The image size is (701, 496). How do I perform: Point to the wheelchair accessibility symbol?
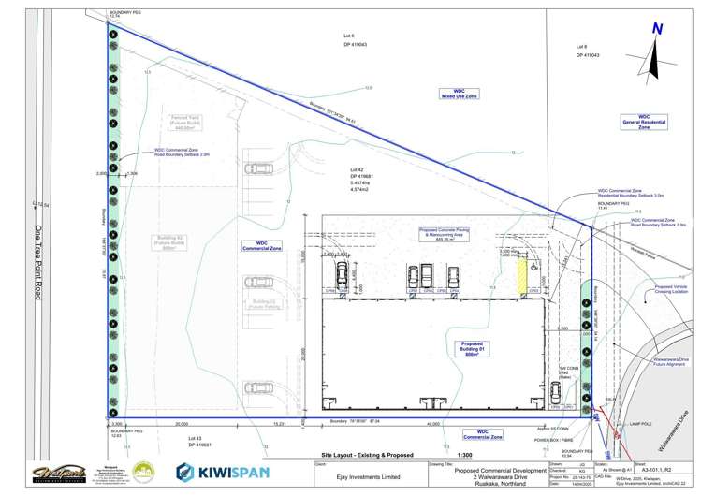click(533, 265)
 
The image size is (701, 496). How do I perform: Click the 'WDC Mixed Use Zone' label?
click(460, 93)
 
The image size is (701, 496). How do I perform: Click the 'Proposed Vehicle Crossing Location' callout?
click(671, 290)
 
